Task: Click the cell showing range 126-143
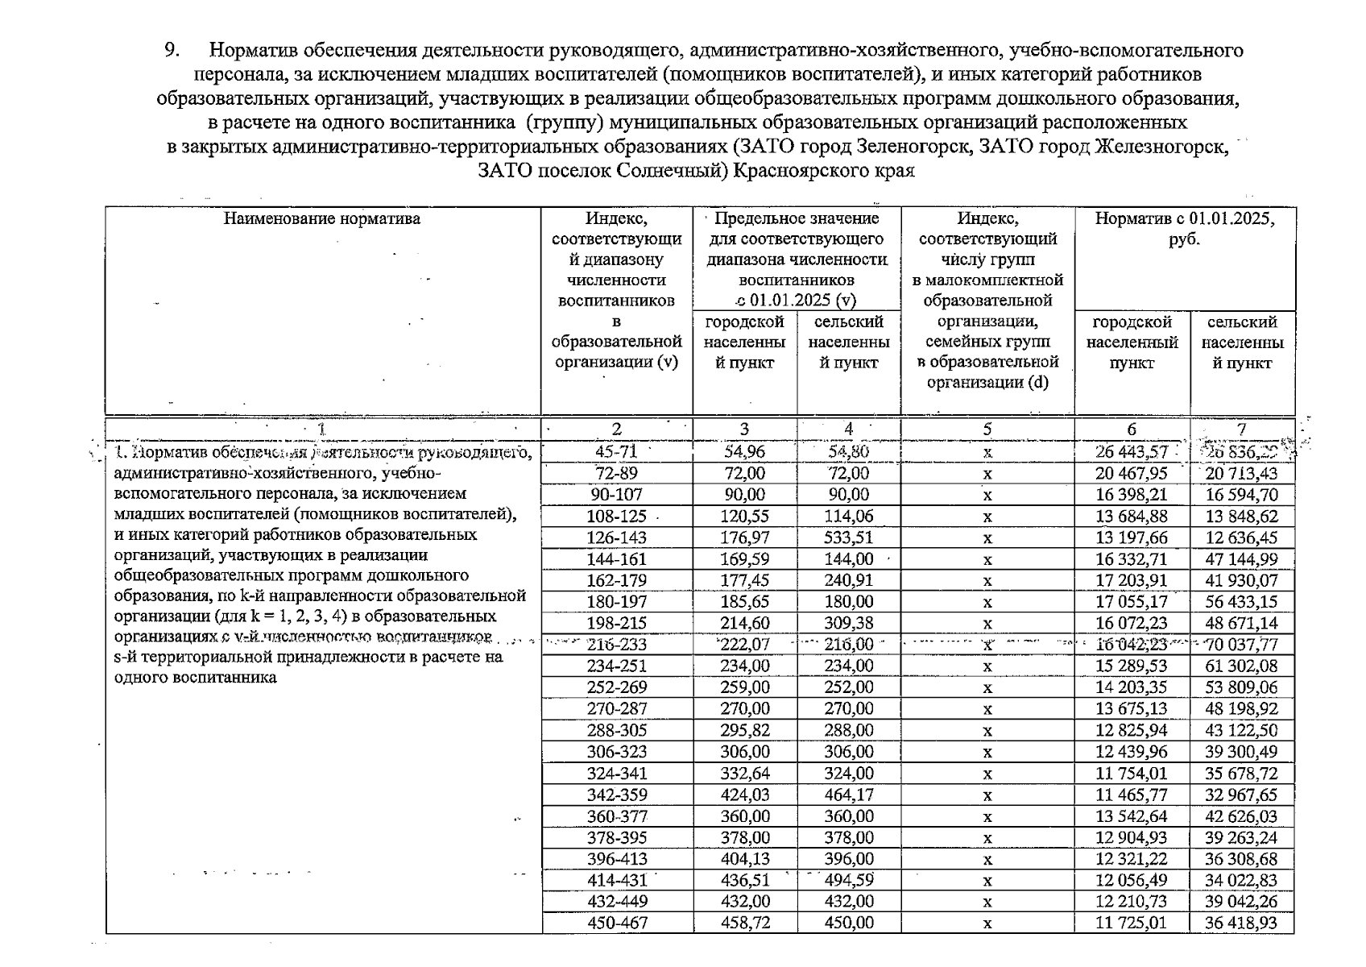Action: [617, 537]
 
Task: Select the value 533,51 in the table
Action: [848, 537]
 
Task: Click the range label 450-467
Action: [617, 923]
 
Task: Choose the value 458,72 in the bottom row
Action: [744, 923]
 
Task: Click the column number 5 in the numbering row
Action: [987, 430]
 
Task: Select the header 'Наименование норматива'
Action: [322, 218]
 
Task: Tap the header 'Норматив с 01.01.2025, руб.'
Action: [1184, 228]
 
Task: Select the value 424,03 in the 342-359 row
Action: [744, 795]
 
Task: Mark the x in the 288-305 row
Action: [987, 731]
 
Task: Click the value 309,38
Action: [848, 624]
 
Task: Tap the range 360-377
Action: [617, 816]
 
